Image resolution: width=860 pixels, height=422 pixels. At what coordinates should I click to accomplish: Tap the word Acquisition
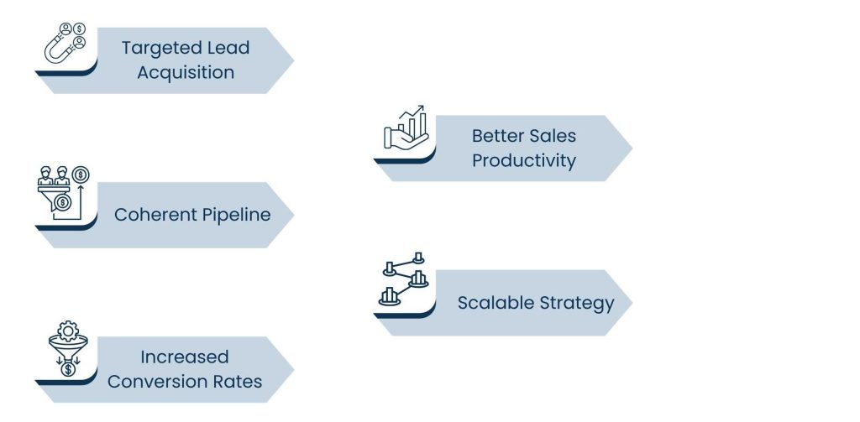(186, 72)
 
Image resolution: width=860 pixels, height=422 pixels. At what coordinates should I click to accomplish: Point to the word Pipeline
(236, 215)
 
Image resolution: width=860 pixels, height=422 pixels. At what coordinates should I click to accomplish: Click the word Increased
(185, 357)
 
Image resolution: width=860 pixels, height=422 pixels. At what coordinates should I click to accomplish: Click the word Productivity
(523, 160)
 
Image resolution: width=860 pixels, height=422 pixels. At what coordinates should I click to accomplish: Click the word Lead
(229, 48)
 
